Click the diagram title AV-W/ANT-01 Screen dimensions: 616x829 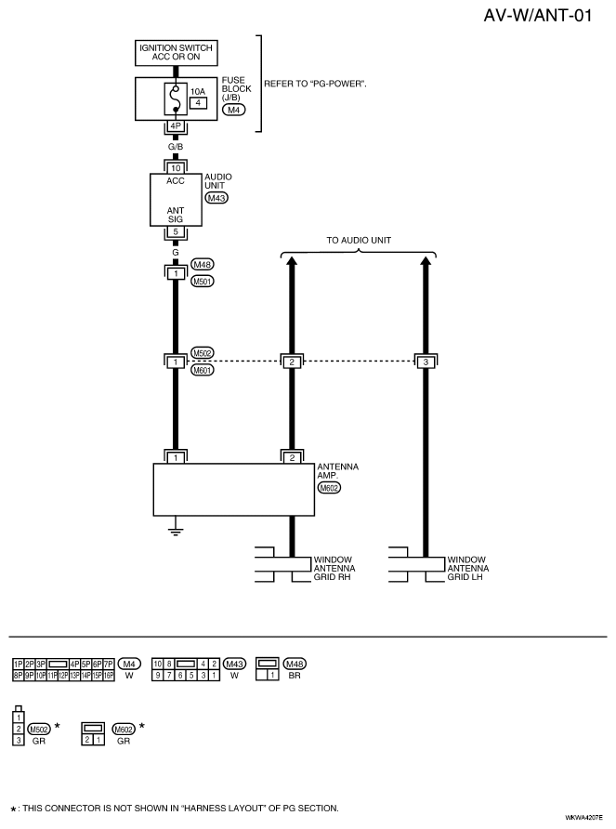pos(537,15)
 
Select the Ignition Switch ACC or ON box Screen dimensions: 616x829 pos(177,53)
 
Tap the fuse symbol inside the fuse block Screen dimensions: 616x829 pos(176,99)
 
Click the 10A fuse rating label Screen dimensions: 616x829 pos(198,91)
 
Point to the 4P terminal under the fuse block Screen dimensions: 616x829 pos(176,126)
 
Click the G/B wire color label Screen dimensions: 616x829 pos(176,147)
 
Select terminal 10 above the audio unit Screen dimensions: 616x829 pos(176,168)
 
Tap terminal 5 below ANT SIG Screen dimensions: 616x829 pos(176,231)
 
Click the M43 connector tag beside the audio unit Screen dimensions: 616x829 pos(216,198)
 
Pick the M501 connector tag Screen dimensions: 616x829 pos(202,282)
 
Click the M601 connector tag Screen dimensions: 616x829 pos(202,370)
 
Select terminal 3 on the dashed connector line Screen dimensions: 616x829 pos(426,362)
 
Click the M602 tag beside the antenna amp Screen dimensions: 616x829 pos(329,488)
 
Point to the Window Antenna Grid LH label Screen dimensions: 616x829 pos(468,569)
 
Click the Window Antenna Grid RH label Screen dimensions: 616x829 pos(334,569)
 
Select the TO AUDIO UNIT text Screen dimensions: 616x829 pos(359,240)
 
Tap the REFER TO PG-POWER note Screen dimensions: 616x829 pos(315,84)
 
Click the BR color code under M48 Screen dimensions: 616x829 pos(295,676)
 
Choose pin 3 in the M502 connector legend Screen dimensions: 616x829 pos(19,740)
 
